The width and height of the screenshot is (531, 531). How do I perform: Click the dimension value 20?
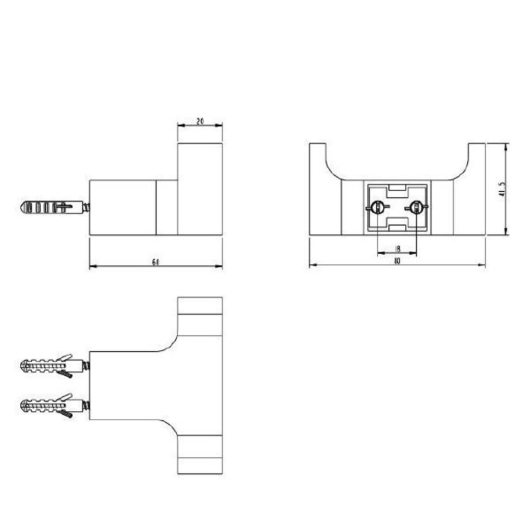200,121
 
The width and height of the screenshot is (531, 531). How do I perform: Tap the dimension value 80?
397,262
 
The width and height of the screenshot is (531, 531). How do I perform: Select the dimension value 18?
397,248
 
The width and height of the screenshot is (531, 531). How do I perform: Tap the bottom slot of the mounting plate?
397,224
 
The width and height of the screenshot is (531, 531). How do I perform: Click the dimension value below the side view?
155,262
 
